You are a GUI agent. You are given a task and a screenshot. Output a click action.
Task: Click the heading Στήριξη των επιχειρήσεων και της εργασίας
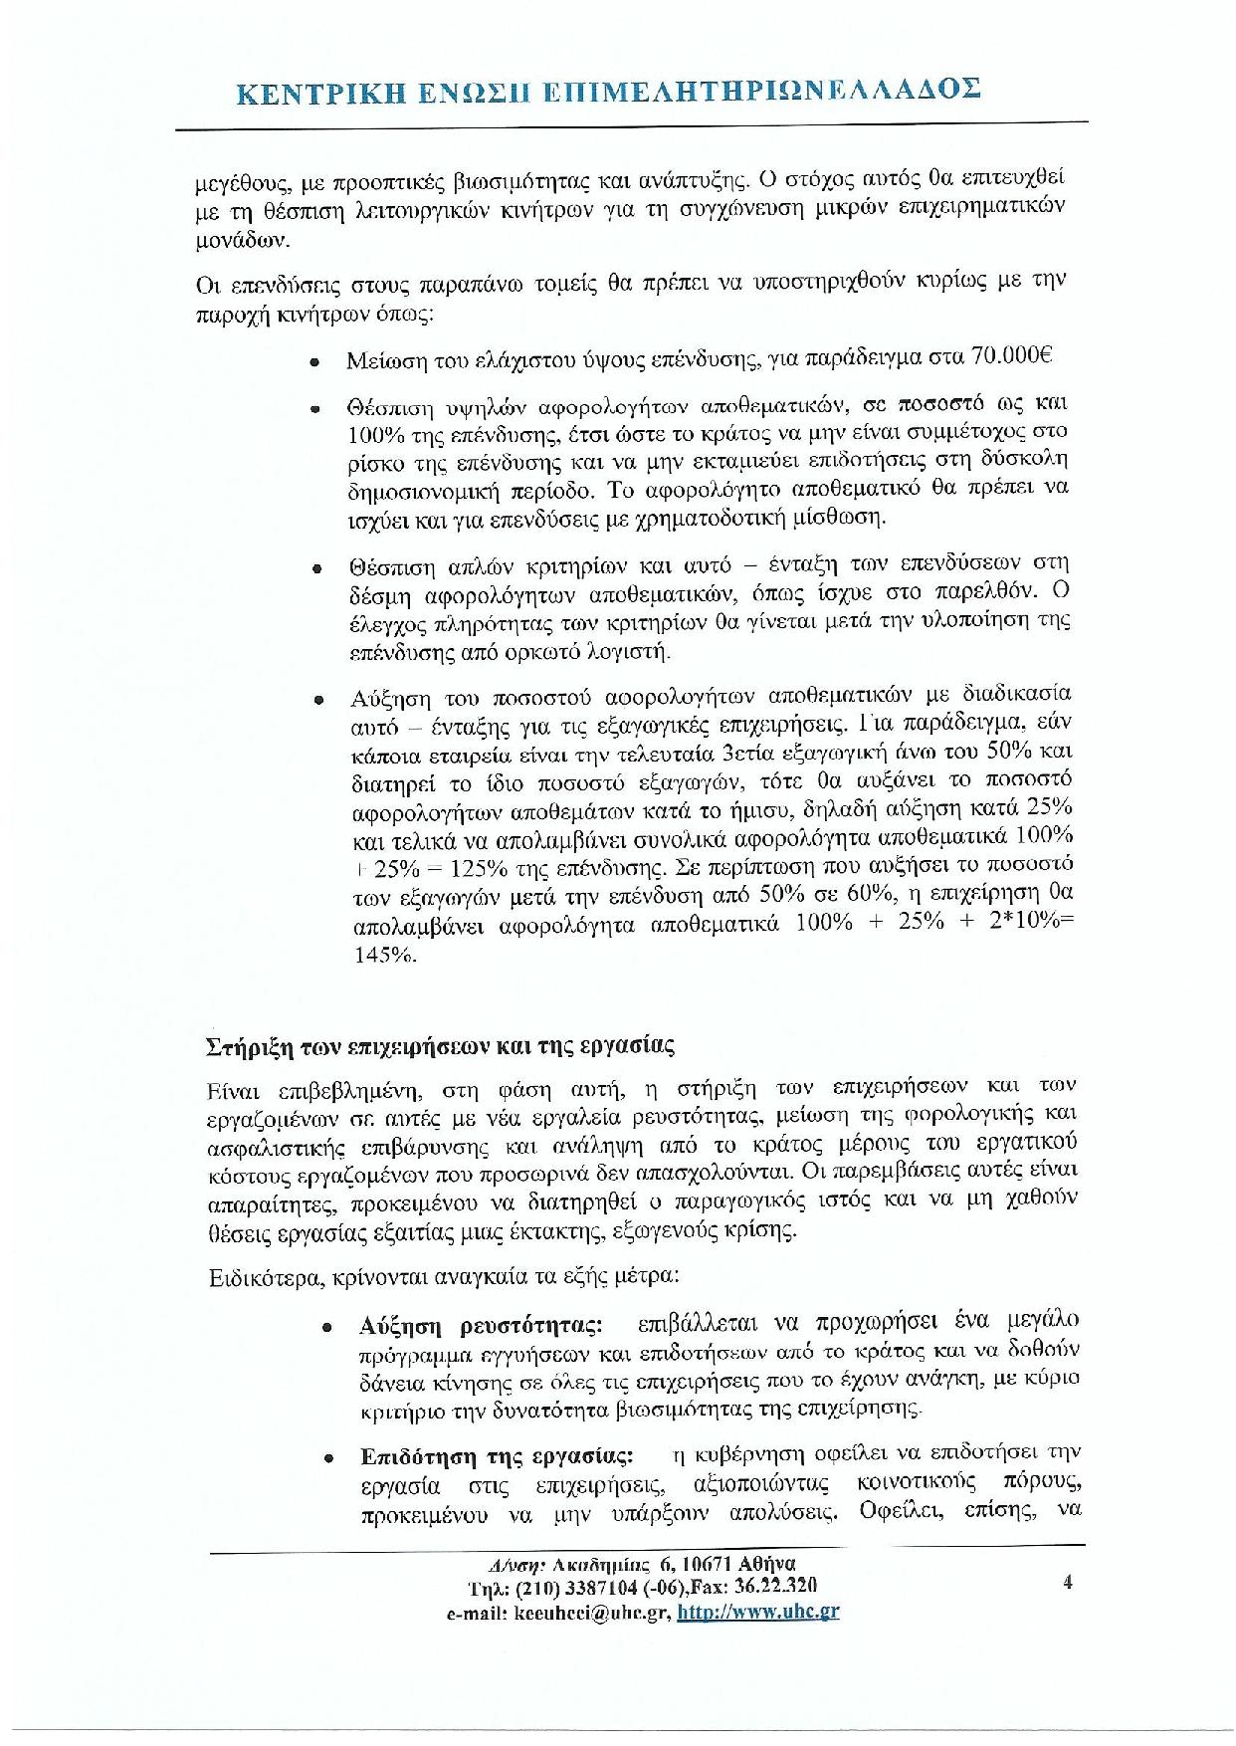tap(441, 1047)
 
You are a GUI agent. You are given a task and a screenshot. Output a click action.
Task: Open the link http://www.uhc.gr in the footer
tap(757, 1612)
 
